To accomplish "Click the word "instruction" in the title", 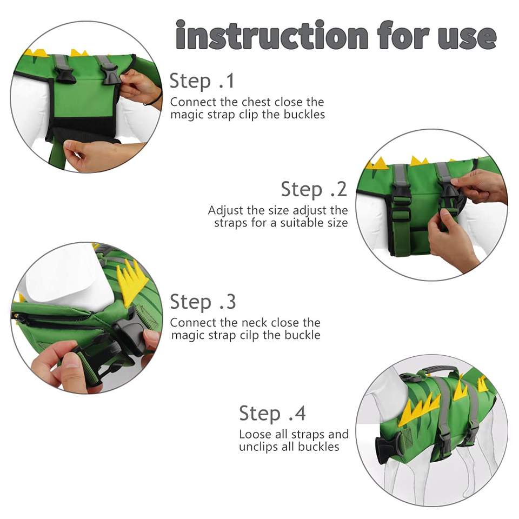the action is pos(272,35).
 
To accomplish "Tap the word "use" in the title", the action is pos(467,37).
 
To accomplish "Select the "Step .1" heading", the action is pos(202,81).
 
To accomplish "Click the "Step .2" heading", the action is pos(314,189).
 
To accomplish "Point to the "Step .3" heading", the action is pos(203,302).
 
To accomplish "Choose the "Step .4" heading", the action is pos(272,414).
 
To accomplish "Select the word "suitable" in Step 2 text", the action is pos(302,223).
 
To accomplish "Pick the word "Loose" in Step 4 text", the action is pos(255,434).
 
